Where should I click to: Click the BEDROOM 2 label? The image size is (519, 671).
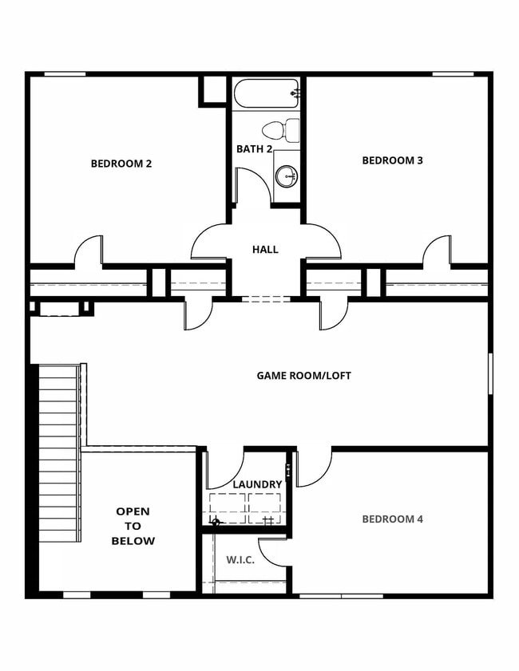(x=121, y=164)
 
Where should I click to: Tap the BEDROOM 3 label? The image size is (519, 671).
(x=392, y=160)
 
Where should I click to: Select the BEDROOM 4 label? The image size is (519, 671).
(x=392, y=519)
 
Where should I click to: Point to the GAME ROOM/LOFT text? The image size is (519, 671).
(x=303, y=375)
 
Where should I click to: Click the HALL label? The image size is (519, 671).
(x=265, y=250)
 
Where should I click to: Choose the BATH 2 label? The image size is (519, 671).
(x=254, y=149)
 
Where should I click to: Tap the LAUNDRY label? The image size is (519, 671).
(x=257, y=484)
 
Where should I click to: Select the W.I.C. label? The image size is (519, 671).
(x=240, y=559)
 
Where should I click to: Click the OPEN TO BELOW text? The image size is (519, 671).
(x=133, y=526)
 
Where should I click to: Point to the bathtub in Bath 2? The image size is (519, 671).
(x=267, y=93)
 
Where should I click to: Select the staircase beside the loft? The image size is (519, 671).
(x=58, y=452)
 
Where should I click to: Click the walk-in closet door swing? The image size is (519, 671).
(x=275, y=551)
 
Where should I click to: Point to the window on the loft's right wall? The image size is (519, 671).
(x=490, y=373)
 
